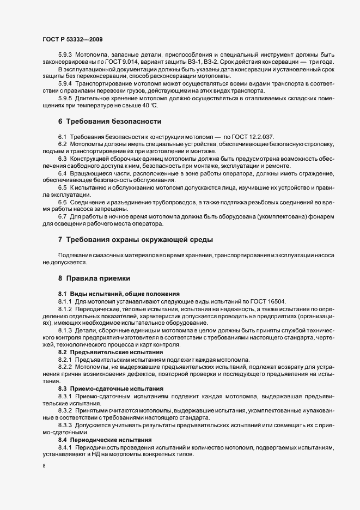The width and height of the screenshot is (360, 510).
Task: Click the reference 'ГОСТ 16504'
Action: point(276,301)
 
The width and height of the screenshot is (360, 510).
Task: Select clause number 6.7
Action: point(62,216)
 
